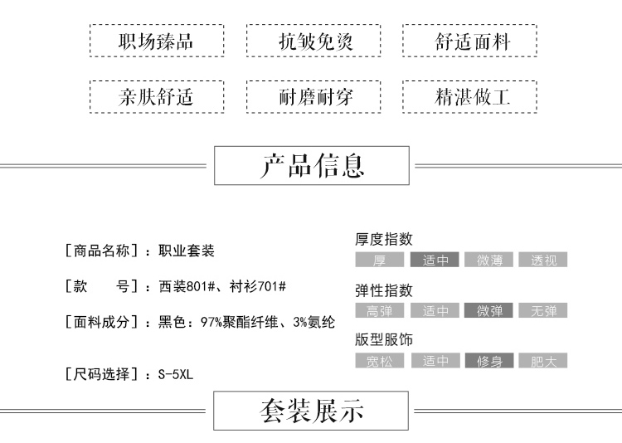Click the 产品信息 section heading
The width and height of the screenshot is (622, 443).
pyautogui.click(x=312, y=166)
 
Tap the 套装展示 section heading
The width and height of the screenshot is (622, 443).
pyautogui.click(x=311, y=411)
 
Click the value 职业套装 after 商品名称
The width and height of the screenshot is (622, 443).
pyautogui.click(x=187, y=251)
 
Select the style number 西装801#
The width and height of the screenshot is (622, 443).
pyautogui.click(x=187, y=286)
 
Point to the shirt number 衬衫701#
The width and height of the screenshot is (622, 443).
pyautogui.click(x=257, y=286)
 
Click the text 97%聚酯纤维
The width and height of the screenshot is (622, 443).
pyautogui.click(x=239, y=322)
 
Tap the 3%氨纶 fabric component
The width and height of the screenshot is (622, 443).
pyautogui.click(x=313, y=322)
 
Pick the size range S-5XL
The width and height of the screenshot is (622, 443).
pyautogui.click(x=176, y=374)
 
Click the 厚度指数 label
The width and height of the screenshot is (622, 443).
pyautogui.click(x=384, y=239)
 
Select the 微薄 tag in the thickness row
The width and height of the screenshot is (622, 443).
pyautogui.click(x=488, y=260)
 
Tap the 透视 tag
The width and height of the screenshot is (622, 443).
pyautogui.click(x=543, y=260)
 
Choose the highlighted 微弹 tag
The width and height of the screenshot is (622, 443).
pyautogui.click(x=488, y=310)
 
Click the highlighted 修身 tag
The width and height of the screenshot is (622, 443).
pyautogui.click(x=488, y=361)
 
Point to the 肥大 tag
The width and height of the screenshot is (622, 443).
pyautogui.click(x=543, y=361)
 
